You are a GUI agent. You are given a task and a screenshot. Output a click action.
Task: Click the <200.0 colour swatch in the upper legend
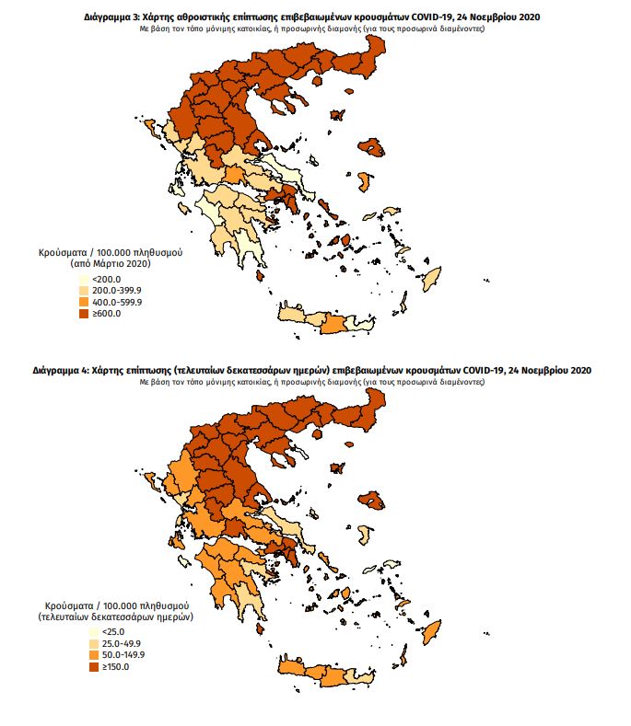(83, 279)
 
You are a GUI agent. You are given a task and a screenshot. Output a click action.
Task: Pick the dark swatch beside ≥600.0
(83, 314)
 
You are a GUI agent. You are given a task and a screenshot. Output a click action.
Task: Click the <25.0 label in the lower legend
(105, 631)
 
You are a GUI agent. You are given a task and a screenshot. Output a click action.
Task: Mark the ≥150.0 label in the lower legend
(109, 666)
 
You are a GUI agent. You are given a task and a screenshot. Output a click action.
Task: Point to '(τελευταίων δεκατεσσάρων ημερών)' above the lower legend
(115, 618)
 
